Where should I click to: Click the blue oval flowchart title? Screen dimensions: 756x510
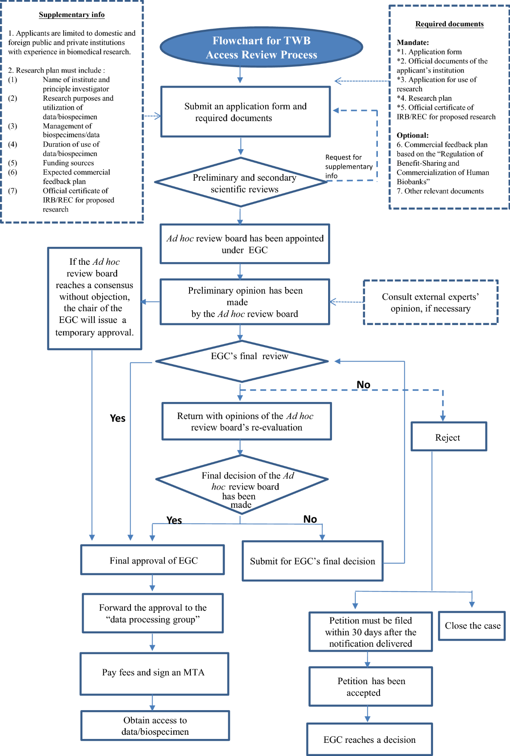tap(261, 47)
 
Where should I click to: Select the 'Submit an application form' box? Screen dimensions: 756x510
tap(245, 112)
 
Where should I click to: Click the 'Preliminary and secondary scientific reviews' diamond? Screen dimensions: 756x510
tap(241, 183)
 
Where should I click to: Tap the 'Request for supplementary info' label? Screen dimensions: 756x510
tap(348, 166)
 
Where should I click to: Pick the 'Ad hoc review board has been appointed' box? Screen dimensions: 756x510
tap(245, 244)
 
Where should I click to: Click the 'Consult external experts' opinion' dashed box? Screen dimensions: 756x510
tap(430, 303)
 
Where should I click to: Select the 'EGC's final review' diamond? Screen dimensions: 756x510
tap(242, 361)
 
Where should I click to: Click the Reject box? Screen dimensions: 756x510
tap(448, 437)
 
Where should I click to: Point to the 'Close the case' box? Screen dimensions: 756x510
tap(472, 626)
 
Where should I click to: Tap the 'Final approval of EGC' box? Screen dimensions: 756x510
tap(153, 560)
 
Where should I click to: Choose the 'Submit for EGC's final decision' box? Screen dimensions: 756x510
tap(312, 561)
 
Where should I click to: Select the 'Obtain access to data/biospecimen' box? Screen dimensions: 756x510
tap(155, 725)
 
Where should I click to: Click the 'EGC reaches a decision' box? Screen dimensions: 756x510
tap(369, 739)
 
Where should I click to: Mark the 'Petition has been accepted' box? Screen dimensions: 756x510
tap(371, 686)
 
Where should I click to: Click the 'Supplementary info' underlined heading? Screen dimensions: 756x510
tap(71, 15)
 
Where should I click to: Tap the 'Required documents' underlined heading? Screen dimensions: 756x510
tap(449, 24)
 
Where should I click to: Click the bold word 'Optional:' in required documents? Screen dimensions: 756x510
tap(412, 136)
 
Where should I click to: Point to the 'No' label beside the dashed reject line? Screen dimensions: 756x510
tap(363, 385)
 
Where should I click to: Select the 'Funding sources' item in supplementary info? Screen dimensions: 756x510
tap(68, 163)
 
